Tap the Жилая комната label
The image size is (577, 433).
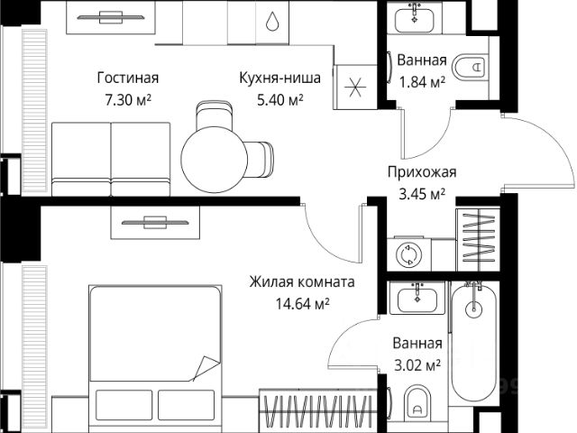(x=302, y=282)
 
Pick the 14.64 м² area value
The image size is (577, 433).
(x=302, y=303)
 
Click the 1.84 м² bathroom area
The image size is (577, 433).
(x=421, y=83)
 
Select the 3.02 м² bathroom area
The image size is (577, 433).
(x=417, y=364)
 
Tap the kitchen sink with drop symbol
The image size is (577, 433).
(x=272, y=20)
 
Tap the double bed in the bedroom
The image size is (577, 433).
(x=154, y=352)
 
